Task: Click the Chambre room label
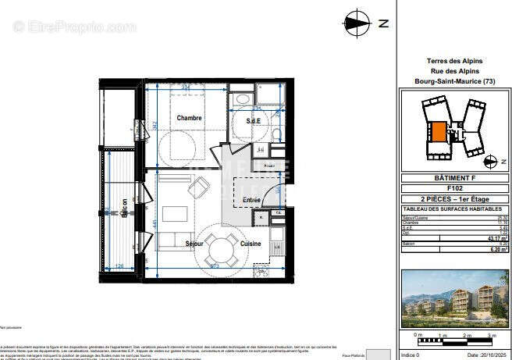(x=189, y=119)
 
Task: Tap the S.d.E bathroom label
(x=253, y=121)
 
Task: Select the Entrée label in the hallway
(x=251, y=201)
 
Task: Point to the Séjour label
(x=194, y=244)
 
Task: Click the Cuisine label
(x=251, y=244)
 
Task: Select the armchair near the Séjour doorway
(x=200, y=187)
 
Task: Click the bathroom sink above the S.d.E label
(x=242, y=102)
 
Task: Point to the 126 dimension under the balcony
(x=119, y=266)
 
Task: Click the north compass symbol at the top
(x=357, y=23)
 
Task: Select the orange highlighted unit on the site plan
(x=439, y=132)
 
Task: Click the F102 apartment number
(x=454, y=188)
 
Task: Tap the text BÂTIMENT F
(x=454, y=178)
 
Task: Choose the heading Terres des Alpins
(x=454, y=61)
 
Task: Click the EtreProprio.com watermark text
(x=74, y=27)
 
